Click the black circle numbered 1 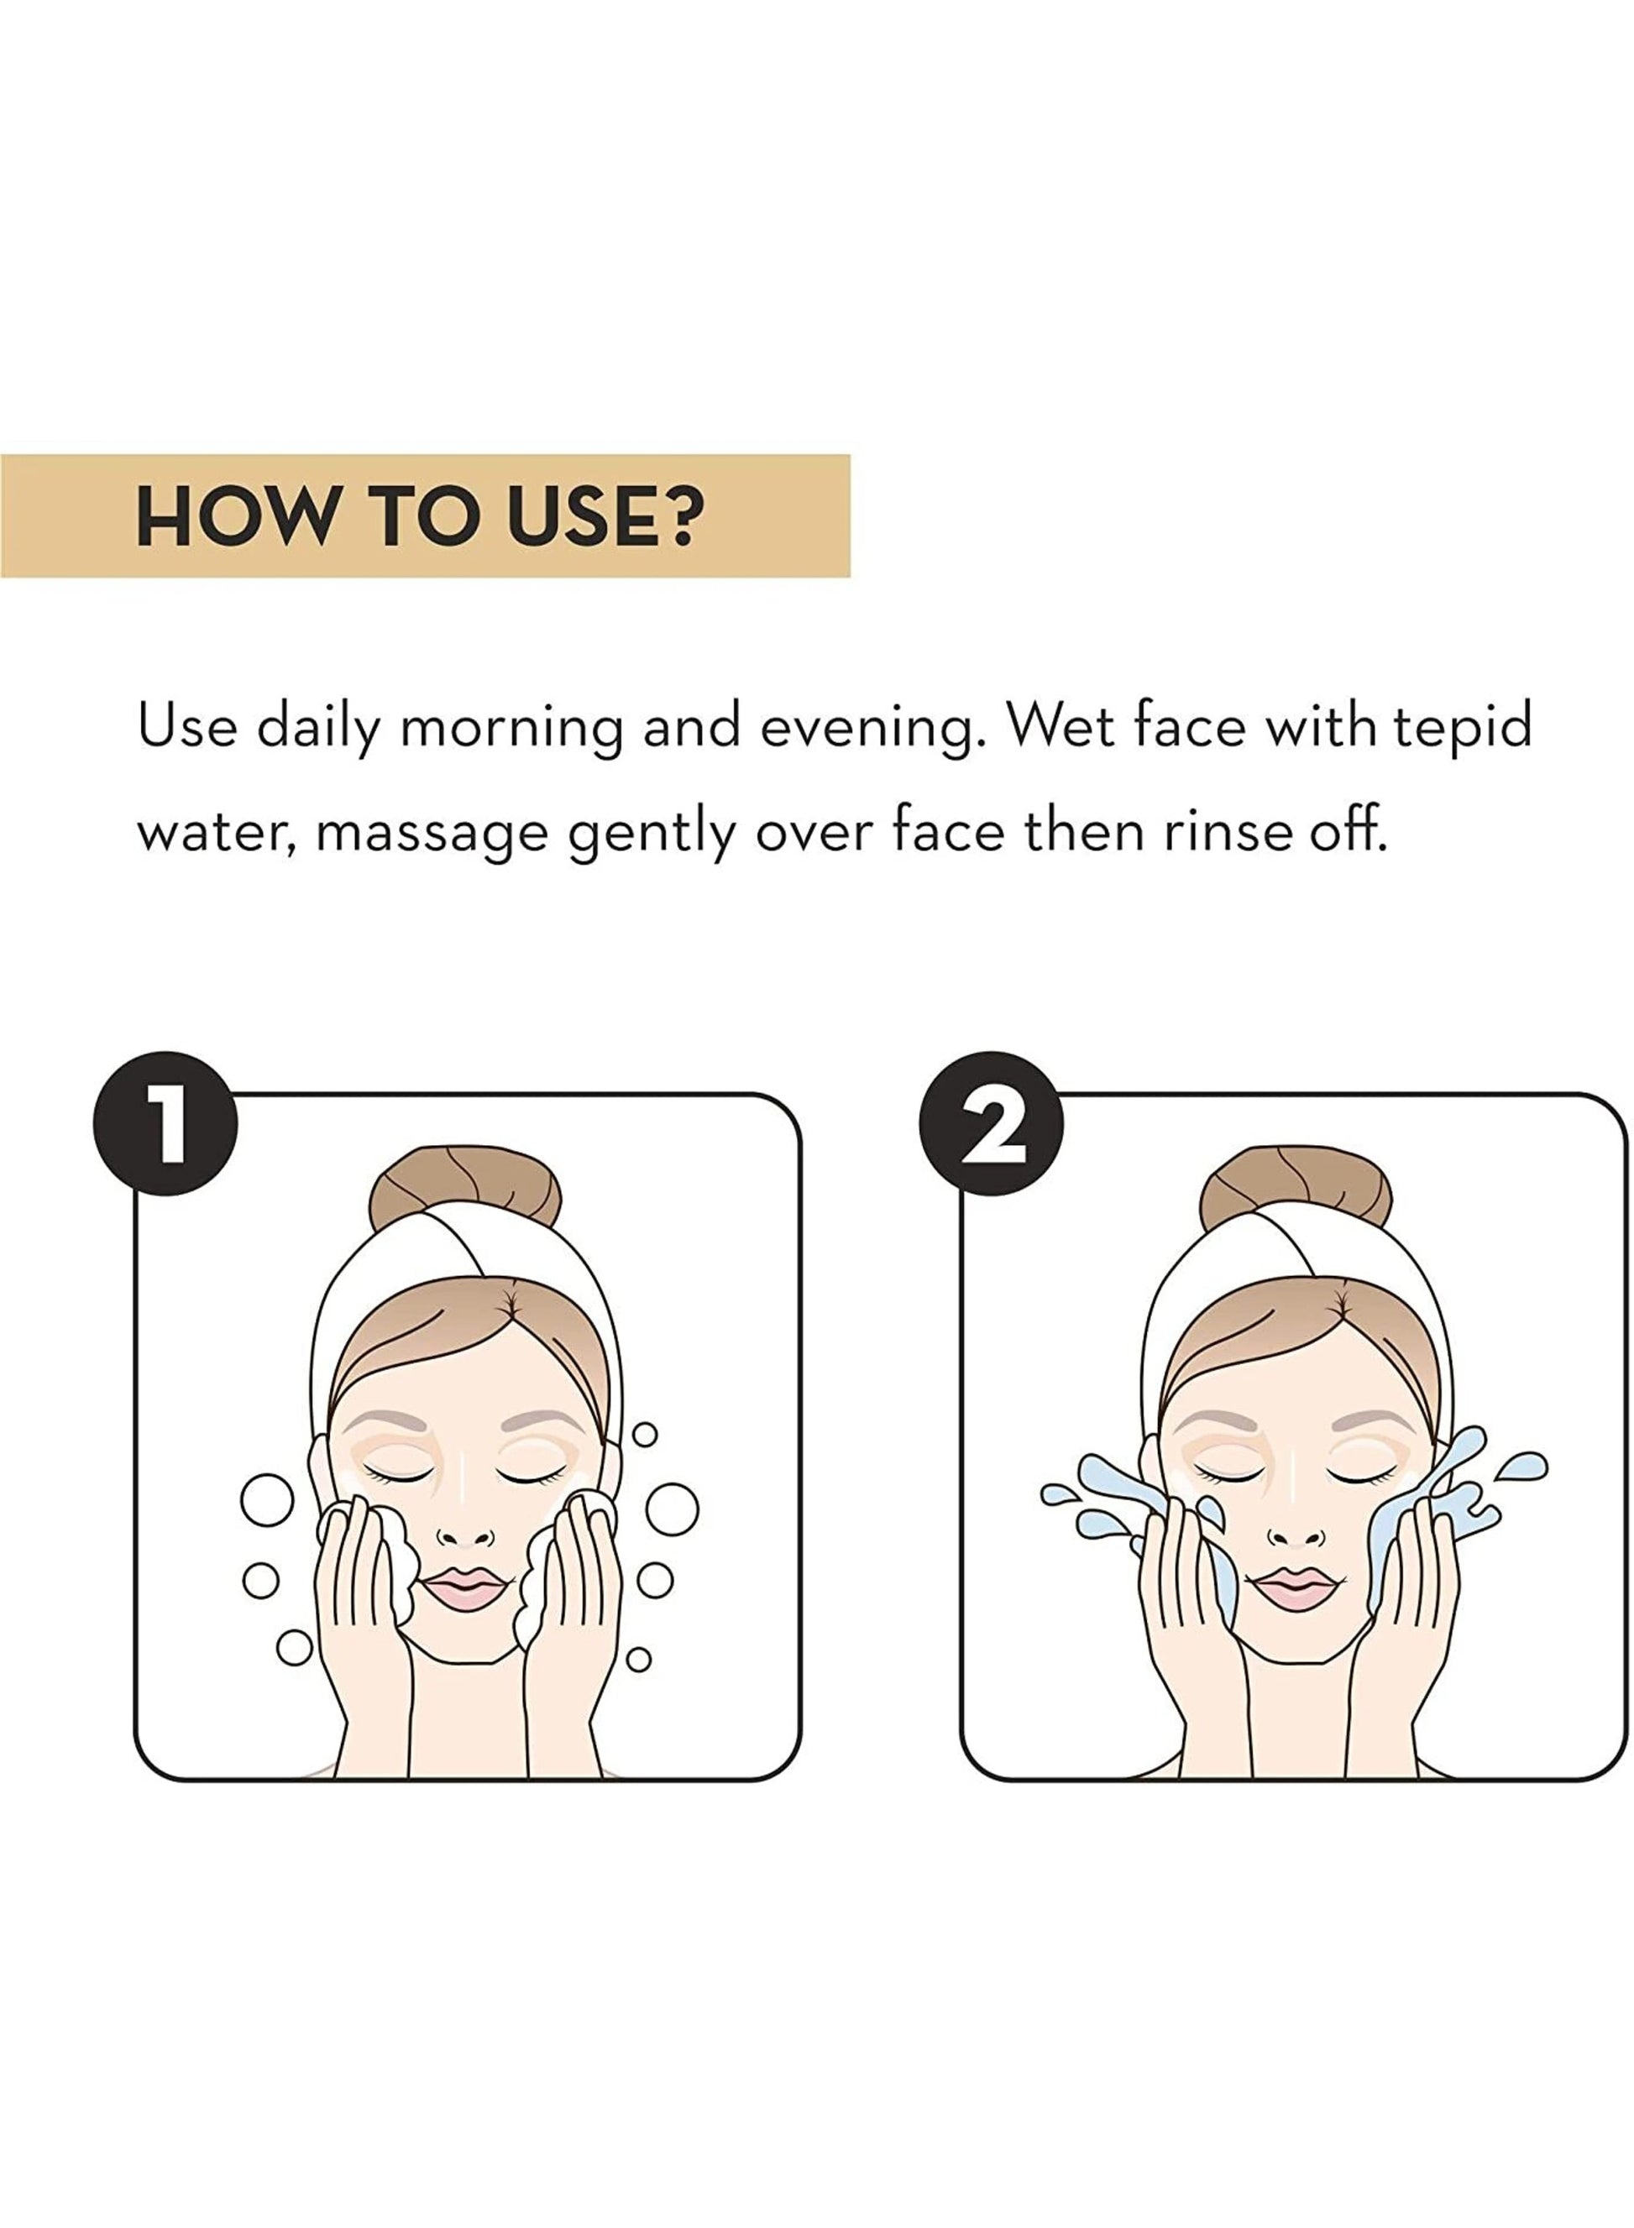(165, 1123)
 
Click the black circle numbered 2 (991, 1123)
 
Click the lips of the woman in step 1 (465, 1589)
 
